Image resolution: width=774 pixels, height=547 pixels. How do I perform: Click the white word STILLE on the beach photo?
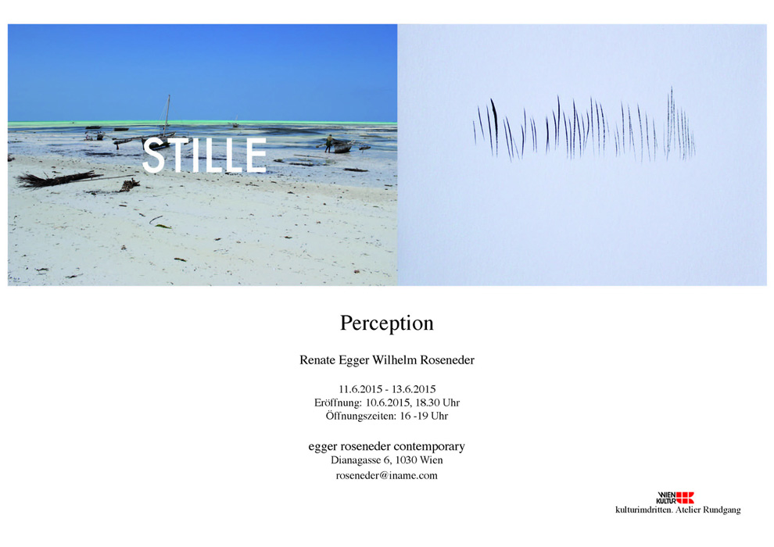point(204,155)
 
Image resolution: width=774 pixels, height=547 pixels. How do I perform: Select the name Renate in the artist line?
point(317,360)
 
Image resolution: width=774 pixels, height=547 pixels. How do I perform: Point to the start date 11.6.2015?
point(360,389)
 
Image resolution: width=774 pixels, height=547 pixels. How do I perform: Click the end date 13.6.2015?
point(414,389)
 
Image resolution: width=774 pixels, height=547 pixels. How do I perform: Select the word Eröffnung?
point(338,402)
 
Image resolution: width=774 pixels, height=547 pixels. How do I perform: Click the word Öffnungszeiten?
point(361,416)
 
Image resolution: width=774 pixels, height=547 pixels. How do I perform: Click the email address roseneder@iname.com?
point(386,475)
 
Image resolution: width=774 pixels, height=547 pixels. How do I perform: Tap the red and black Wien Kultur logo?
point(675,497)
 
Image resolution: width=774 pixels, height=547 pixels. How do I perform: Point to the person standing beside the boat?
point(328,143)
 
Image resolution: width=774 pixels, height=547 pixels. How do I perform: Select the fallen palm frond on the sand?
point(59,178)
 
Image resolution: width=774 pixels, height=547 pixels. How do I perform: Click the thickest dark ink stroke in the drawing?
point(494,127)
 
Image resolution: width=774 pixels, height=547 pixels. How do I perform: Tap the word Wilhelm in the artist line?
point(394,360)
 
